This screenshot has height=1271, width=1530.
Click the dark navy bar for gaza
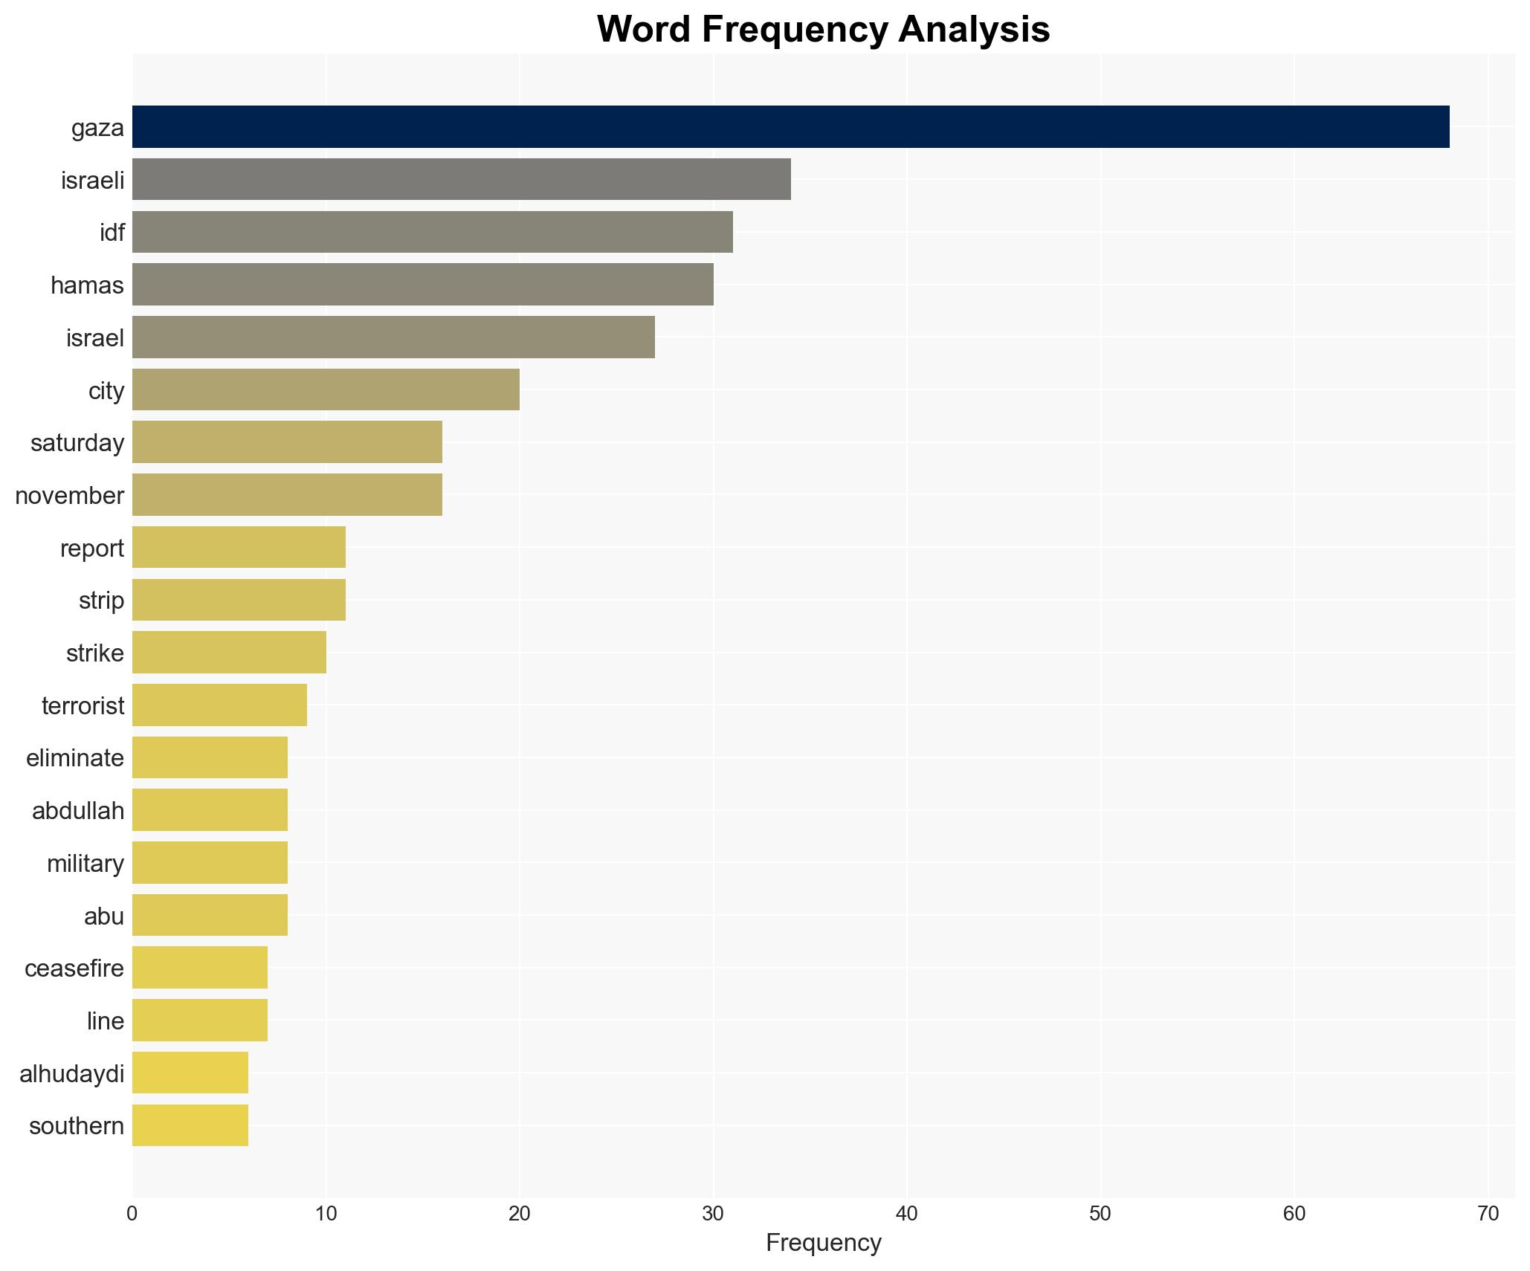click(790, 127)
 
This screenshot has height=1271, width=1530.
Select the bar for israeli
click(461, 179)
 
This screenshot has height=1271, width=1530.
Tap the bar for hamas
click(422, 285)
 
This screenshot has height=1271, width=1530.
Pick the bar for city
click(326, 389)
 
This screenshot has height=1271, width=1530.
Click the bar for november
click(287, 495)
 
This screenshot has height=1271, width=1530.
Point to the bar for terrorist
click(219, 705)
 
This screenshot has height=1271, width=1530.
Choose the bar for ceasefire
click(200, 968)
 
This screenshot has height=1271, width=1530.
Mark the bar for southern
click(190, 1125)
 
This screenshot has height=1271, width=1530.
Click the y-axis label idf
click(112, 233)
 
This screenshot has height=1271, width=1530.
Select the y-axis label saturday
click(77, 443)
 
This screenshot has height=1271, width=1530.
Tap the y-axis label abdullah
click(78, 811)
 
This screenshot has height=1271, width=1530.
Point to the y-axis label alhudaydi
click(72, 1073)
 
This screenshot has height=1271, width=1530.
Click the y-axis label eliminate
click(75, 758)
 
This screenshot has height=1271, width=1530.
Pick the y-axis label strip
click(102, 601)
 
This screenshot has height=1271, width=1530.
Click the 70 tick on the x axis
click(1488, 1214)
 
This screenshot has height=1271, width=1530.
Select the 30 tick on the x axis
click(713, 1214)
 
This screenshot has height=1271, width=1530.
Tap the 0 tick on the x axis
click(132, 1214)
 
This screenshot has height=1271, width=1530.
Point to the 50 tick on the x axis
click(1100, 1214)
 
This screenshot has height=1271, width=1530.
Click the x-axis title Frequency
click(823, 1243)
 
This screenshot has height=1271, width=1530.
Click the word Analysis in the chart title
click(973, 30)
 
